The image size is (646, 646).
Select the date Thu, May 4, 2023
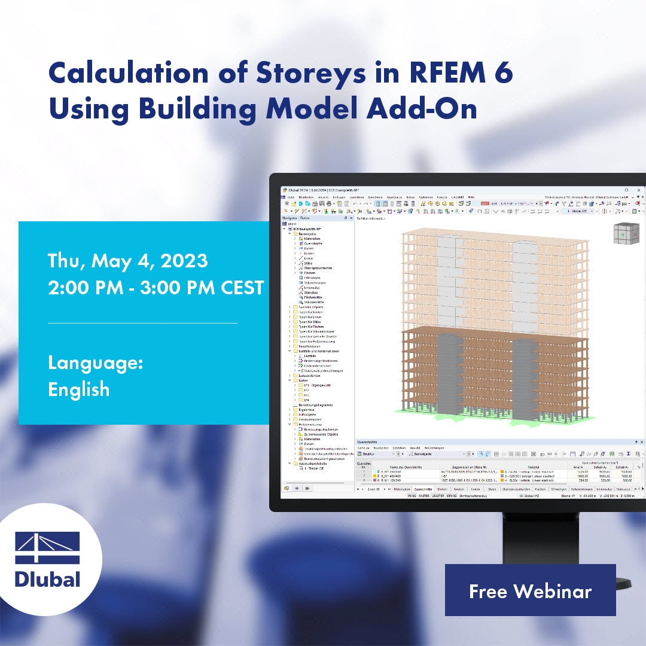click(128, 261)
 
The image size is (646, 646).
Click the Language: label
click(95, 363)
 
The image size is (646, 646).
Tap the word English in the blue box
click(79, 389)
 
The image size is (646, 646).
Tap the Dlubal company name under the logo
click(47, 580)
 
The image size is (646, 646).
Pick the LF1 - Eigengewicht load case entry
click(318, 385)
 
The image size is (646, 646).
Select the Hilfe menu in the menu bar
click(471, 196)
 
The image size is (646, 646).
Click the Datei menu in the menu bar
click(291, 196)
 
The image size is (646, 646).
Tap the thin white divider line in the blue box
click(142, 323)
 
